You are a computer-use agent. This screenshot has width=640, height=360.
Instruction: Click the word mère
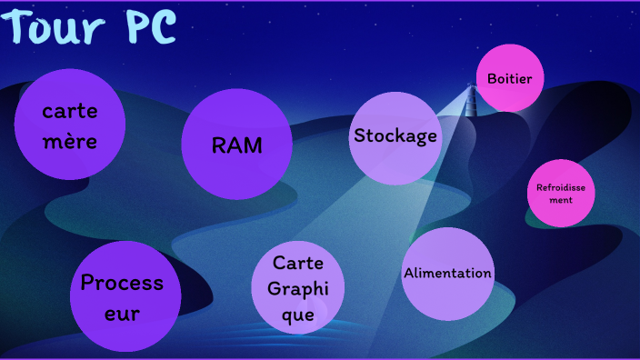point(70,143)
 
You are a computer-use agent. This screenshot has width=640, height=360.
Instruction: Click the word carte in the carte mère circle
point(70,113)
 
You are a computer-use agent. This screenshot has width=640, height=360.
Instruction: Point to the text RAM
point(236,145)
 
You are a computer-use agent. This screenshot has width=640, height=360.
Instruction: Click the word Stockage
point(395,136)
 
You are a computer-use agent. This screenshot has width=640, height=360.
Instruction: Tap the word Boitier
point(510,78)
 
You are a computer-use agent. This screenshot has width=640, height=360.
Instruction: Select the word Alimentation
point(447,273)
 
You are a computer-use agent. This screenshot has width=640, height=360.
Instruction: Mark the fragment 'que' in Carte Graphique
point(298,315)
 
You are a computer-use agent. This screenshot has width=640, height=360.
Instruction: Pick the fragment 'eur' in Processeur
point(122,314)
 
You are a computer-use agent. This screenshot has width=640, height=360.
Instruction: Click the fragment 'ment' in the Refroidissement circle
point(561,199)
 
